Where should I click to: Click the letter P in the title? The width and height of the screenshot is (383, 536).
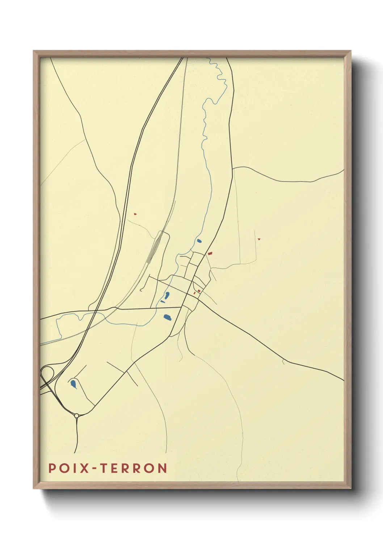[52, 468]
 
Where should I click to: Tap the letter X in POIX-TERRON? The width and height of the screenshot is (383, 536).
[84, 468]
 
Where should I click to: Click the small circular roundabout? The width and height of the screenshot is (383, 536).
[76, 416]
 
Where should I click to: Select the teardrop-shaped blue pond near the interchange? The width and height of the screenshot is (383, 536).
[73, 384]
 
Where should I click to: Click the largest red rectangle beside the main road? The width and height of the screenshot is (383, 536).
[209, 254]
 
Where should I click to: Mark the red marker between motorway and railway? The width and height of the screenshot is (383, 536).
[135, 214]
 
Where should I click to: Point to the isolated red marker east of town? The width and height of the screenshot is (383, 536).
[258, 239]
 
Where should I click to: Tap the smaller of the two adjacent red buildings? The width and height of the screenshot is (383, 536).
[194, 293]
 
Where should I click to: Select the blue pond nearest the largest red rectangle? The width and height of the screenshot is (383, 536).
[199, 241]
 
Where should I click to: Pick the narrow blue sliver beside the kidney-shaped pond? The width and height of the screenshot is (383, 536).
[163, 301]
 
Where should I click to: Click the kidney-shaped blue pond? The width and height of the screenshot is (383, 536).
[167, 295]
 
